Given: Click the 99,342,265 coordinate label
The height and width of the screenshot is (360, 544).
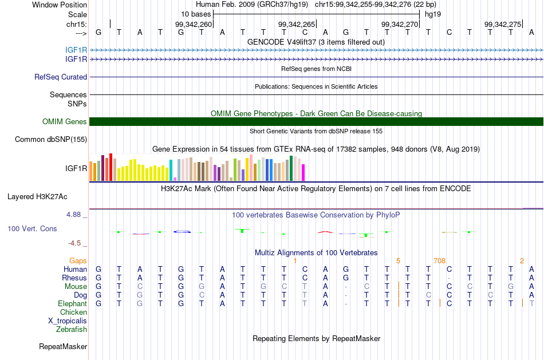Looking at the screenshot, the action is point(297,24).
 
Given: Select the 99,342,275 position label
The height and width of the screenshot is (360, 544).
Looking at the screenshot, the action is point(503,24).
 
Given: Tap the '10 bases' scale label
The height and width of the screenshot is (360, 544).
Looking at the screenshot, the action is point(196,14).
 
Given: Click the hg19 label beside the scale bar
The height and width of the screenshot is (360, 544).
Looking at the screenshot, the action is point(433,14).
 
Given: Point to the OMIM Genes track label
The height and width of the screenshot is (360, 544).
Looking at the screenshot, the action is point(65,121).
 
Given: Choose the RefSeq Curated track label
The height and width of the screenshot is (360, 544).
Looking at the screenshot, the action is point(61,77).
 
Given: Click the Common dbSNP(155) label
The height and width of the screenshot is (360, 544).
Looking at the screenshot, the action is point(51,140).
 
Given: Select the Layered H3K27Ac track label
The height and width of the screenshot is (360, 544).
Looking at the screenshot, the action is point(37,197).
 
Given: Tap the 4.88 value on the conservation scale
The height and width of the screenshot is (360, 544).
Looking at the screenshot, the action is point(73,215).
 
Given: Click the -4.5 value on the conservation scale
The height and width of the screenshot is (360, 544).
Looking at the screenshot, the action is point(74,243).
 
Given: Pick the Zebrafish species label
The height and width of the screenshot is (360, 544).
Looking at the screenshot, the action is point(72,329).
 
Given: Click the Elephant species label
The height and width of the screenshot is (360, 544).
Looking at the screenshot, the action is point(73,303).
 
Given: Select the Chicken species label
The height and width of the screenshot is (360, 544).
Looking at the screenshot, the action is point(73,312).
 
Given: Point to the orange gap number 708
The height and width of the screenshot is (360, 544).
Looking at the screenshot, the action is point(439,260).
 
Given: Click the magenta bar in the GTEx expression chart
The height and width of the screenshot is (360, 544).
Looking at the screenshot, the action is point(303,172).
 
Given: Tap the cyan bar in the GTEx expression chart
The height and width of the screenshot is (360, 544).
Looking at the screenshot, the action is point(171,171).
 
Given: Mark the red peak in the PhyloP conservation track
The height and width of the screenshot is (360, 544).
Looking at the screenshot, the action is point(325,232).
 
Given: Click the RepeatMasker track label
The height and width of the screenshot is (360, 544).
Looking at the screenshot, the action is point(63,346).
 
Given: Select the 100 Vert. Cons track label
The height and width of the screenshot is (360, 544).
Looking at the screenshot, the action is point(32,228).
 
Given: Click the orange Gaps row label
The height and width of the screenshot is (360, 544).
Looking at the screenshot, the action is point(78,260).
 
